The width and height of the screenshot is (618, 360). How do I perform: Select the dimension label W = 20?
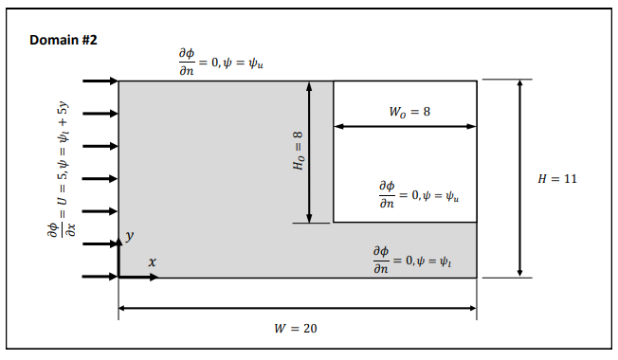pos(295,328)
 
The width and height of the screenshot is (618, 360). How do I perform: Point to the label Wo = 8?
pos(409,112)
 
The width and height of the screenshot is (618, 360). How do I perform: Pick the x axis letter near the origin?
pos(152,261)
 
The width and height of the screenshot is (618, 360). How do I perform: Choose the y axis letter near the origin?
pos(132,234)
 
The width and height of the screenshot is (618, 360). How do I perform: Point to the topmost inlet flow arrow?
pos(100,81)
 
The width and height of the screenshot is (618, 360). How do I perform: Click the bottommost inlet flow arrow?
pos(100,277)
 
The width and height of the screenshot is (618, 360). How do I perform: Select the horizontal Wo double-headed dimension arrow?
pos(405,126)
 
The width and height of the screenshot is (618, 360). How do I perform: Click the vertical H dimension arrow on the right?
pos(519,179)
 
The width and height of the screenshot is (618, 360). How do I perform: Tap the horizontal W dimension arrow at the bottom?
pos(297,308)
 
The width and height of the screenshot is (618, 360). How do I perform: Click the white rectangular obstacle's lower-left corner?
pos(334,223)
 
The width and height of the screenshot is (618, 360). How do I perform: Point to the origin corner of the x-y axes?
pos(118,277)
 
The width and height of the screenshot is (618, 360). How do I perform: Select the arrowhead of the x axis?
pos(154,277)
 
